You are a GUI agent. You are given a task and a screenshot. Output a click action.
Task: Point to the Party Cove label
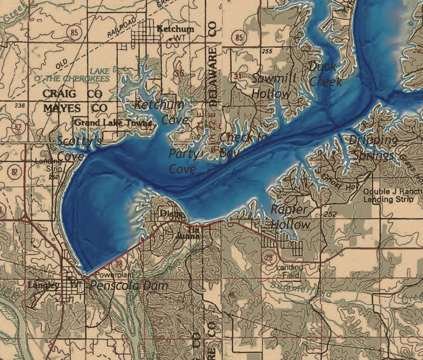pyautogui.click(x=184, y=162)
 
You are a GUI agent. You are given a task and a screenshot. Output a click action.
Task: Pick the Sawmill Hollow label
pyautogui.click(x=274, y=86)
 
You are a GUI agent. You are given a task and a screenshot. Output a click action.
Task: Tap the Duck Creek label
pyautogui.click(x=325, y=74)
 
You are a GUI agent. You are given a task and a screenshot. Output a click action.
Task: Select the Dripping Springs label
pyautogui.click(x=373, y=148)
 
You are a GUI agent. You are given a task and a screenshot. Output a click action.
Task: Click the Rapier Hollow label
pyautogui.click(x=290, y=217)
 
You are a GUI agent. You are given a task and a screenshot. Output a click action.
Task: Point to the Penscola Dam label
pyautogui.click(x=129, y=285)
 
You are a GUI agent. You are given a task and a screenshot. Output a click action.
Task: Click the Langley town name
pyautogui.click(x=43, y=285)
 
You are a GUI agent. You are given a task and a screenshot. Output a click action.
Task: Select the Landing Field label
pyautogui.click(x=289, y=271)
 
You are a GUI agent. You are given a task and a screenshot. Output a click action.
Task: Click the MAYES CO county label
pyautogui.click(x=75, y=108)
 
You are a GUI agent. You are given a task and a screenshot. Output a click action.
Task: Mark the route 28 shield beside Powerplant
pyautogui.click(x=119, y=264)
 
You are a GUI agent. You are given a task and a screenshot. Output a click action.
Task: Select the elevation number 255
pyautogui.click(x=266, y=51)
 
